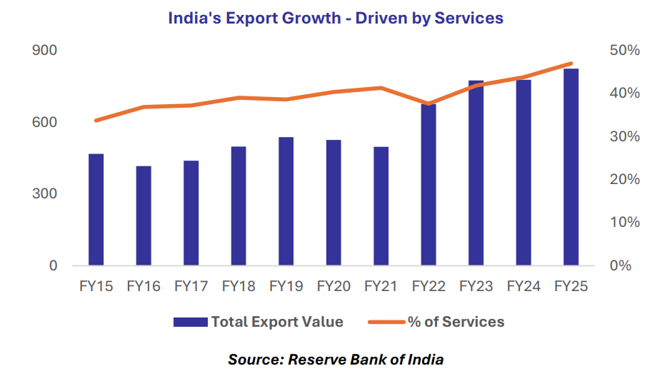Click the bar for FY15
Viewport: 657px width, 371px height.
96,210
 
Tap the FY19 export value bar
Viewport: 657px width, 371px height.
286,201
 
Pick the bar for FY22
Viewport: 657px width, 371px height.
428,185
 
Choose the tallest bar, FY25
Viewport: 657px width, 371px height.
571,167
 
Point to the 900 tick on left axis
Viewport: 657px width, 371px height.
45,51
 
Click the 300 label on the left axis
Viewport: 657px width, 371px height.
45,194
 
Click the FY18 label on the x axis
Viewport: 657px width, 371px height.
239,286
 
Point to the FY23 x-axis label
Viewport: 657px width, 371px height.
476,286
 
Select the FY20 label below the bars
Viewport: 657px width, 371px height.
333,286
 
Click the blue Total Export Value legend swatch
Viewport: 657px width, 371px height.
191,322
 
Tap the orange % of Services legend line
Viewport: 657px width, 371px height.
386,322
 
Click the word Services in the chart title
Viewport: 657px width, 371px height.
467,19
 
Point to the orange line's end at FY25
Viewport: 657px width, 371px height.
571,64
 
